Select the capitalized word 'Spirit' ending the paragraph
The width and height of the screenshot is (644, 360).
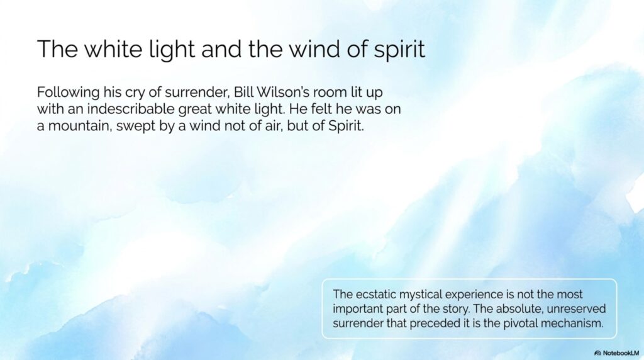[346, 126]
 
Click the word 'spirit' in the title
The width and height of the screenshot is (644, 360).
[399, 49]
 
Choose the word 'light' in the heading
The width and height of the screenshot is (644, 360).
[171, 49]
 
